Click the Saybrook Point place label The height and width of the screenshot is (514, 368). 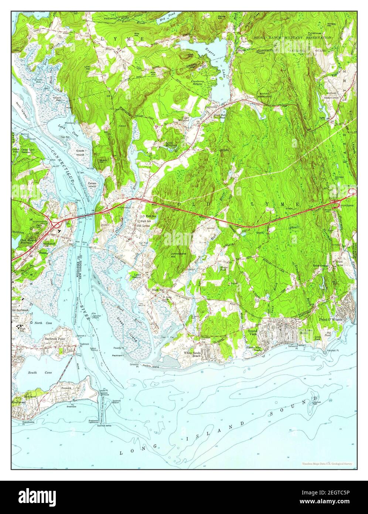pos(55,339)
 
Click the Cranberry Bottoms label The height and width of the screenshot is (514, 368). pos(200,82)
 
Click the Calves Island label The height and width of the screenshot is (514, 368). pos(92,185)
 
